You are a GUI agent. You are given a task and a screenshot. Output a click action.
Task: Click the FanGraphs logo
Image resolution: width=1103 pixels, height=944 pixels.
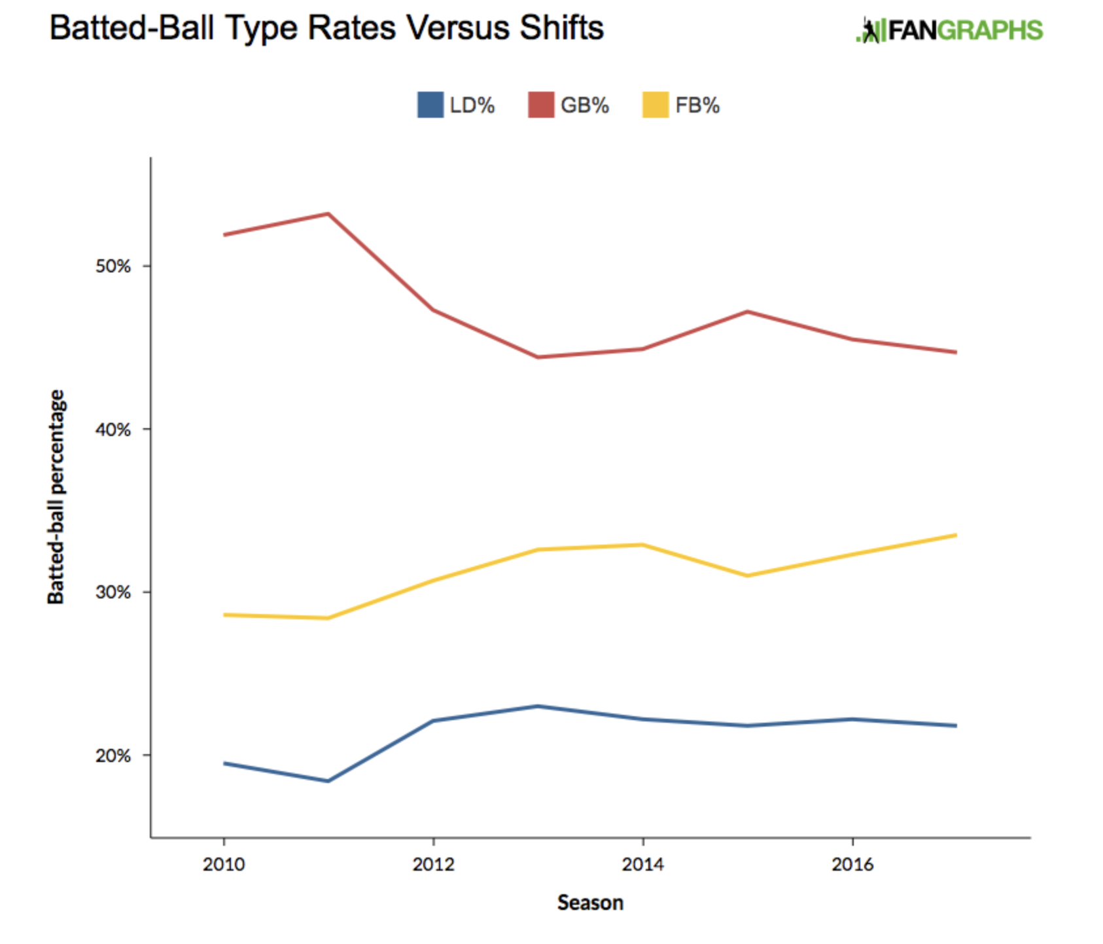pyautogui.click(x=949, y=30)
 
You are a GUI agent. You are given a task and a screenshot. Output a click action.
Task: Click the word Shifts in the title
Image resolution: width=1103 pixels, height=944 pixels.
pyautogui.click(x=561, y=28)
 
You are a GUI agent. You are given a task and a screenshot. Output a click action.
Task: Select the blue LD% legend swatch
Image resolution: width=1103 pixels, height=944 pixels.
pyautogui.click(x=430, y=105)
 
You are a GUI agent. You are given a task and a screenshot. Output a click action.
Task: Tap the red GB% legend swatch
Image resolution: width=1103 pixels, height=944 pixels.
pyautogui.click(x=540, y=105)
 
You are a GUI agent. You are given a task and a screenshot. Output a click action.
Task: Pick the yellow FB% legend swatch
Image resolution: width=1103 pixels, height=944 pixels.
pyautogui.click(x=656, y=105)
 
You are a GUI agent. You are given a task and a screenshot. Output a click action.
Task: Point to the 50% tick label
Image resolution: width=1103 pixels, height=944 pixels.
pyautogui.click(x=113, y=266)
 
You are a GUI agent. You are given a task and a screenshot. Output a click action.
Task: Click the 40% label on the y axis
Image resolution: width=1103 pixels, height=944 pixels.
pyautogui.click(x=113, y=429)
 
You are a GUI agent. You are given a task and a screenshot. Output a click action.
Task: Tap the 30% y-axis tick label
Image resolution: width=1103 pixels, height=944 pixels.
pyautogui.click(x=113, y=592)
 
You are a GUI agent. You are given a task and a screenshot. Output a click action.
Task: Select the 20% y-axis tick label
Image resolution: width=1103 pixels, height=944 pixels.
pyautogui.click(x=113, y=755)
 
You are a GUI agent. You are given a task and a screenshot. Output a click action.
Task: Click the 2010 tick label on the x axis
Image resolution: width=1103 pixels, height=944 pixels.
pyautogui.click(x=224, y=864)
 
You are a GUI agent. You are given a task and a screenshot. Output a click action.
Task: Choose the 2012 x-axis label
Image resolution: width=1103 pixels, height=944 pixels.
pyautogui.click(x=433, y=864)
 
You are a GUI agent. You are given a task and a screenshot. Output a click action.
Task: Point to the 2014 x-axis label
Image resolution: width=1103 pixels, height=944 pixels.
pyautogui.click(x=643, y=864)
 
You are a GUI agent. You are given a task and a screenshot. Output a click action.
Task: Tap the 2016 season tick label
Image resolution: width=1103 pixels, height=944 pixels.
pyautogui.click(x=852, y=864)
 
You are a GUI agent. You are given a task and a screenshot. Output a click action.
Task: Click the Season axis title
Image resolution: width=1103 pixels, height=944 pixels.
pyautogui.click(x=590, y=903)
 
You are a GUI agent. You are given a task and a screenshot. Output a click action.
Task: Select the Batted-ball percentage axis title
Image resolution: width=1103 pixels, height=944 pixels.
pyautogui.click(x=56, y=497)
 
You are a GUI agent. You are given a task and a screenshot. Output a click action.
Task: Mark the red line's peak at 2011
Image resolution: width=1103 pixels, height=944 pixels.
pyautogui.click(x=328, y=213)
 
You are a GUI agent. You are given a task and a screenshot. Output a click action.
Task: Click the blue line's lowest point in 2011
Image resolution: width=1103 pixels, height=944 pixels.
pyautogui.click(x=328, y=781)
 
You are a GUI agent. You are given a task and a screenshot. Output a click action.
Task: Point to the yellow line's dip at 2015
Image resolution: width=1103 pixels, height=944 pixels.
pyautogui.click(x=747, y=576)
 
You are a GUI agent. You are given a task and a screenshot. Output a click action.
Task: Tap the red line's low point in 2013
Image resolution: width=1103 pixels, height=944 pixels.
pyautogui.click(x=538, y=357)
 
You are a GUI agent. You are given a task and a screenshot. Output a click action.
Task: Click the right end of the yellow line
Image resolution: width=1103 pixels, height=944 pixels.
pyautogui.click(x=956, y=536)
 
